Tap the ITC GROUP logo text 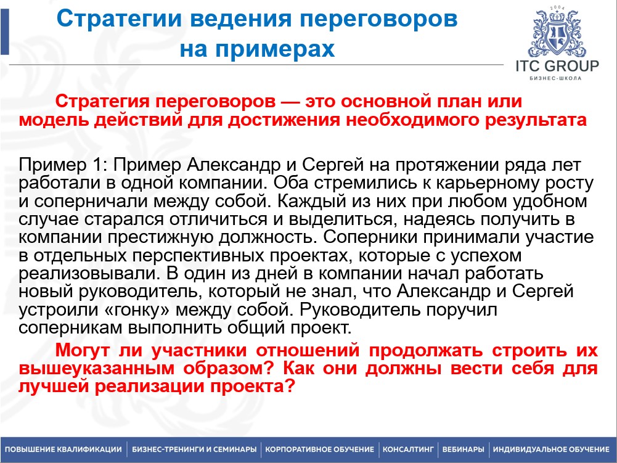coord(557,66)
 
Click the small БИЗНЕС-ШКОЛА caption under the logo coord(556,78)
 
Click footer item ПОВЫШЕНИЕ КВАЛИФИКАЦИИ coord(63,449)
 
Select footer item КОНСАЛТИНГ coord(409,449)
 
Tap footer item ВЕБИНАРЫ coord(462,449)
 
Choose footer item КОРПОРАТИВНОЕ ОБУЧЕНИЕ coord(319,449)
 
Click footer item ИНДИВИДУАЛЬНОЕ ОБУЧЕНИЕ coord(551,449)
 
